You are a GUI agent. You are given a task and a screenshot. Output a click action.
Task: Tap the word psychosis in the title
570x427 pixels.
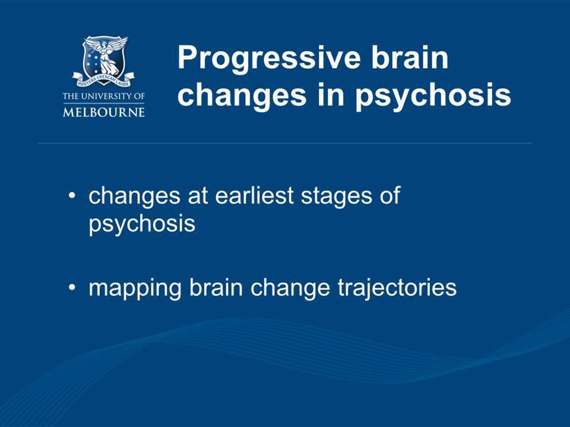click(433, 96)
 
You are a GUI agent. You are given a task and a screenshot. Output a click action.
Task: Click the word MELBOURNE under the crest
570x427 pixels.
click(104, 111)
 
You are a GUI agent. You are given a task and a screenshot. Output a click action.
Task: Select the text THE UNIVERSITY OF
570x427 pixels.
click(104, 96)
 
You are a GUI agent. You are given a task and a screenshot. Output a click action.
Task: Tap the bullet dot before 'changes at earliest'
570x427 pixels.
click(72, 196)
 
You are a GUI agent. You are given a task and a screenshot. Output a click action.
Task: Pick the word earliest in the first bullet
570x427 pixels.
click(254, 195)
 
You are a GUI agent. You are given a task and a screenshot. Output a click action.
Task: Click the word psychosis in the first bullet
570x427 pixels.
click(142, 225)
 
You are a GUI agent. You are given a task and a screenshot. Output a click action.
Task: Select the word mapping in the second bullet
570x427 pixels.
click(135, 289)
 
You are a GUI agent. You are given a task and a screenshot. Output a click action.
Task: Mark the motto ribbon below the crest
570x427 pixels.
click(103, 79)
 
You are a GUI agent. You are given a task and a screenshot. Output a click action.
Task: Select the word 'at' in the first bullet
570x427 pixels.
click(198, 196)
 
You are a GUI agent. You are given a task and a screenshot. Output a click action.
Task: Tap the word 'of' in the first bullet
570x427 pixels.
click(390, 195)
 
